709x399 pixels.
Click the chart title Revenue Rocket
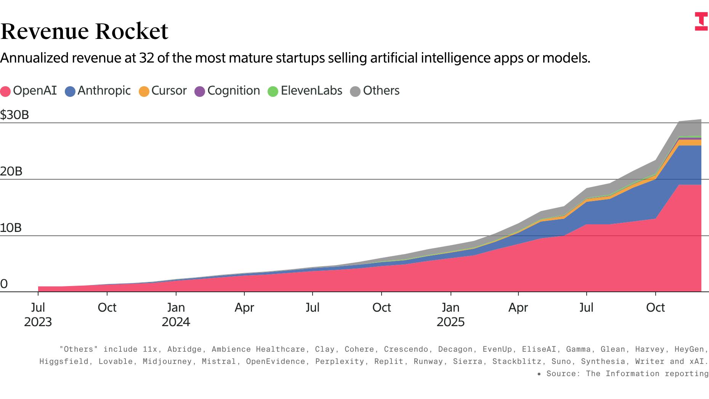pos(84,31)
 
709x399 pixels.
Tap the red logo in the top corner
pos(701,21)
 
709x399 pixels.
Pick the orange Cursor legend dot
pos(144,92)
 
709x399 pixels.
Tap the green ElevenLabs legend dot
pos(273,92)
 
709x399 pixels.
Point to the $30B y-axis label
pos(14,115)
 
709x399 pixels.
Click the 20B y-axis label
pos(11,171)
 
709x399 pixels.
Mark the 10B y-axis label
pos(11,228)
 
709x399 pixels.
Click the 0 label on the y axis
pos(4,284)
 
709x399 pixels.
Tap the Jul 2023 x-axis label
pos(38,314)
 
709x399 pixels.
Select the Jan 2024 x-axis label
pos(176,314)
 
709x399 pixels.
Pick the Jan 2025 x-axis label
pos(451,314)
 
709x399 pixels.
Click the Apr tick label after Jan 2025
pos(518,307)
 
